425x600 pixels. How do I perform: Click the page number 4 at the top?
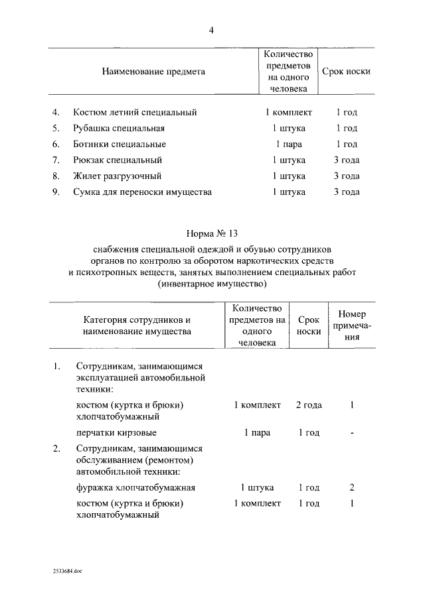(212, 29)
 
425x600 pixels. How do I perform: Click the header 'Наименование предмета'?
(153, 71)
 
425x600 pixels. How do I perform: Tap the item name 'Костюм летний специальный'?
(135, 113)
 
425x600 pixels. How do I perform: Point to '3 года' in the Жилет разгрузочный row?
(346, 176)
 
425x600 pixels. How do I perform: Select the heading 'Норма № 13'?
(212, 234)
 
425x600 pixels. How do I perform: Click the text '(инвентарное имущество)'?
(212, 284)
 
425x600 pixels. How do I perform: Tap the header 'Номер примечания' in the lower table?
(352, 325)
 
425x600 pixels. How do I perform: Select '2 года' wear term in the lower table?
(309, 405)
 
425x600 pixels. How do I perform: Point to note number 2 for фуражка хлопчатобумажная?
(352, 487)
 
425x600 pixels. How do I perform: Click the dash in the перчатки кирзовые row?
(352, 433)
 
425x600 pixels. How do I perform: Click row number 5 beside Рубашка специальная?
(56, 129)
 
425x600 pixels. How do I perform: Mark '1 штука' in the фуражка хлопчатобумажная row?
(257, 487)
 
